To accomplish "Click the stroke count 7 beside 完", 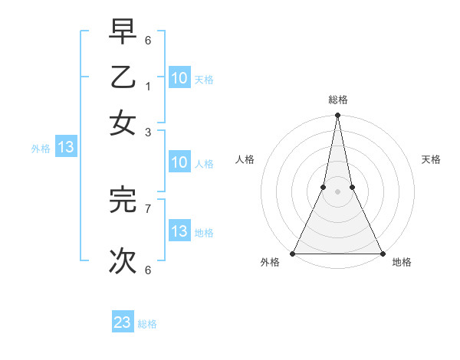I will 148,208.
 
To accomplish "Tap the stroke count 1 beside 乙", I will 148,86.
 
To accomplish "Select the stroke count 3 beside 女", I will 148,132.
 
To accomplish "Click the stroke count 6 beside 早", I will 148,40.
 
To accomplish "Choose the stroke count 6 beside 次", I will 148,269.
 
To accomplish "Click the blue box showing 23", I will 123,322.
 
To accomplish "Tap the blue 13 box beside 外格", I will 65,148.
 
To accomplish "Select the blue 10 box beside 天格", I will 179,78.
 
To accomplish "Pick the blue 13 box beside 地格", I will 179,231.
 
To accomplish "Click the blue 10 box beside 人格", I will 179,162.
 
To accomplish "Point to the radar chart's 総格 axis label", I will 337,100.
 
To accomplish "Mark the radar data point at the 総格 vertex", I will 337,116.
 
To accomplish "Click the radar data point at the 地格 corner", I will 382,254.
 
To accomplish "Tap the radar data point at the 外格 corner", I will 293,254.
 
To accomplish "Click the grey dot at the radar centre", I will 337,192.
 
